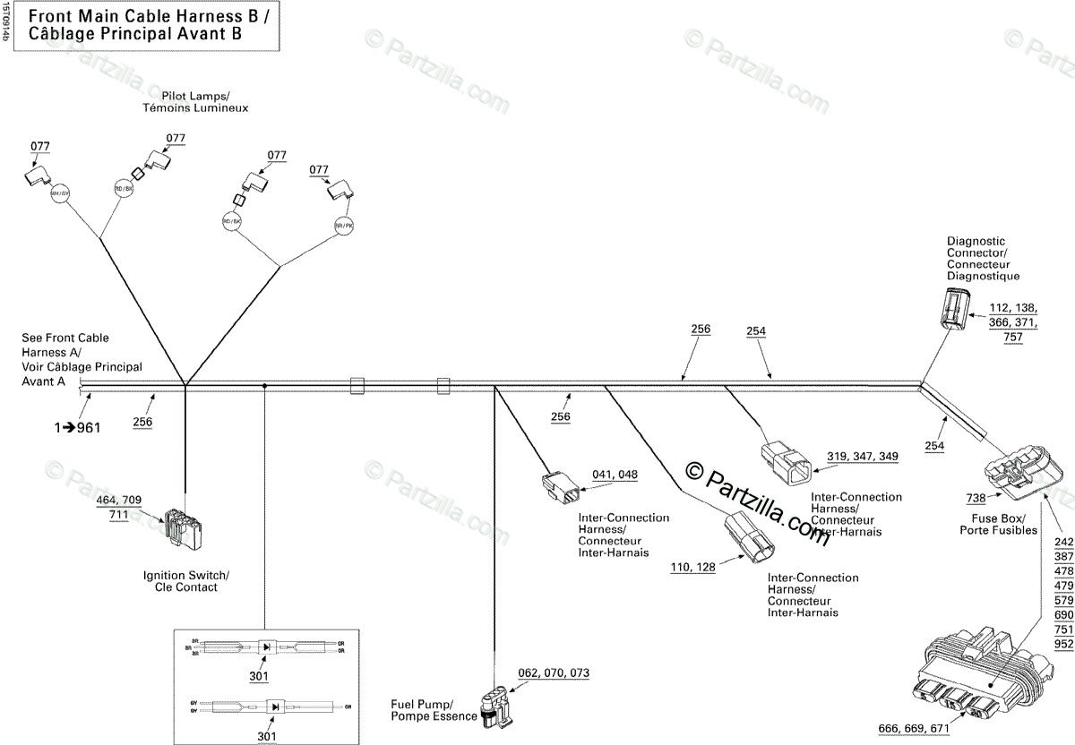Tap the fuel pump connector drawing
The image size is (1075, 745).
pyautogui.click(x=494, y=702)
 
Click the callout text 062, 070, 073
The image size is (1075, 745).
pyautogui.click(x=554, y=672)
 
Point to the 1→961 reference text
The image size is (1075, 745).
pyautogui.click(x=76, y=427)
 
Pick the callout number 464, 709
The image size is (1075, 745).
pyautogui.click(x=119, y=500)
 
